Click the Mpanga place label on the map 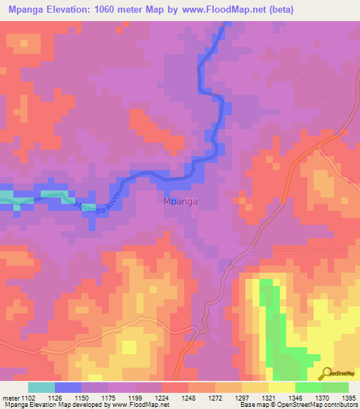tap(181, 202)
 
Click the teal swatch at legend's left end tap(41, 387)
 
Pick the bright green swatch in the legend tap(308, 387)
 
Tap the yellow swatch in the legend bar tap(281, 387)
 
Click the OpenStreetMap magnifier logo tap(325, 373)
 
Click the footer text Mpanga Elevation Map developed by tap(60, 405)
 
